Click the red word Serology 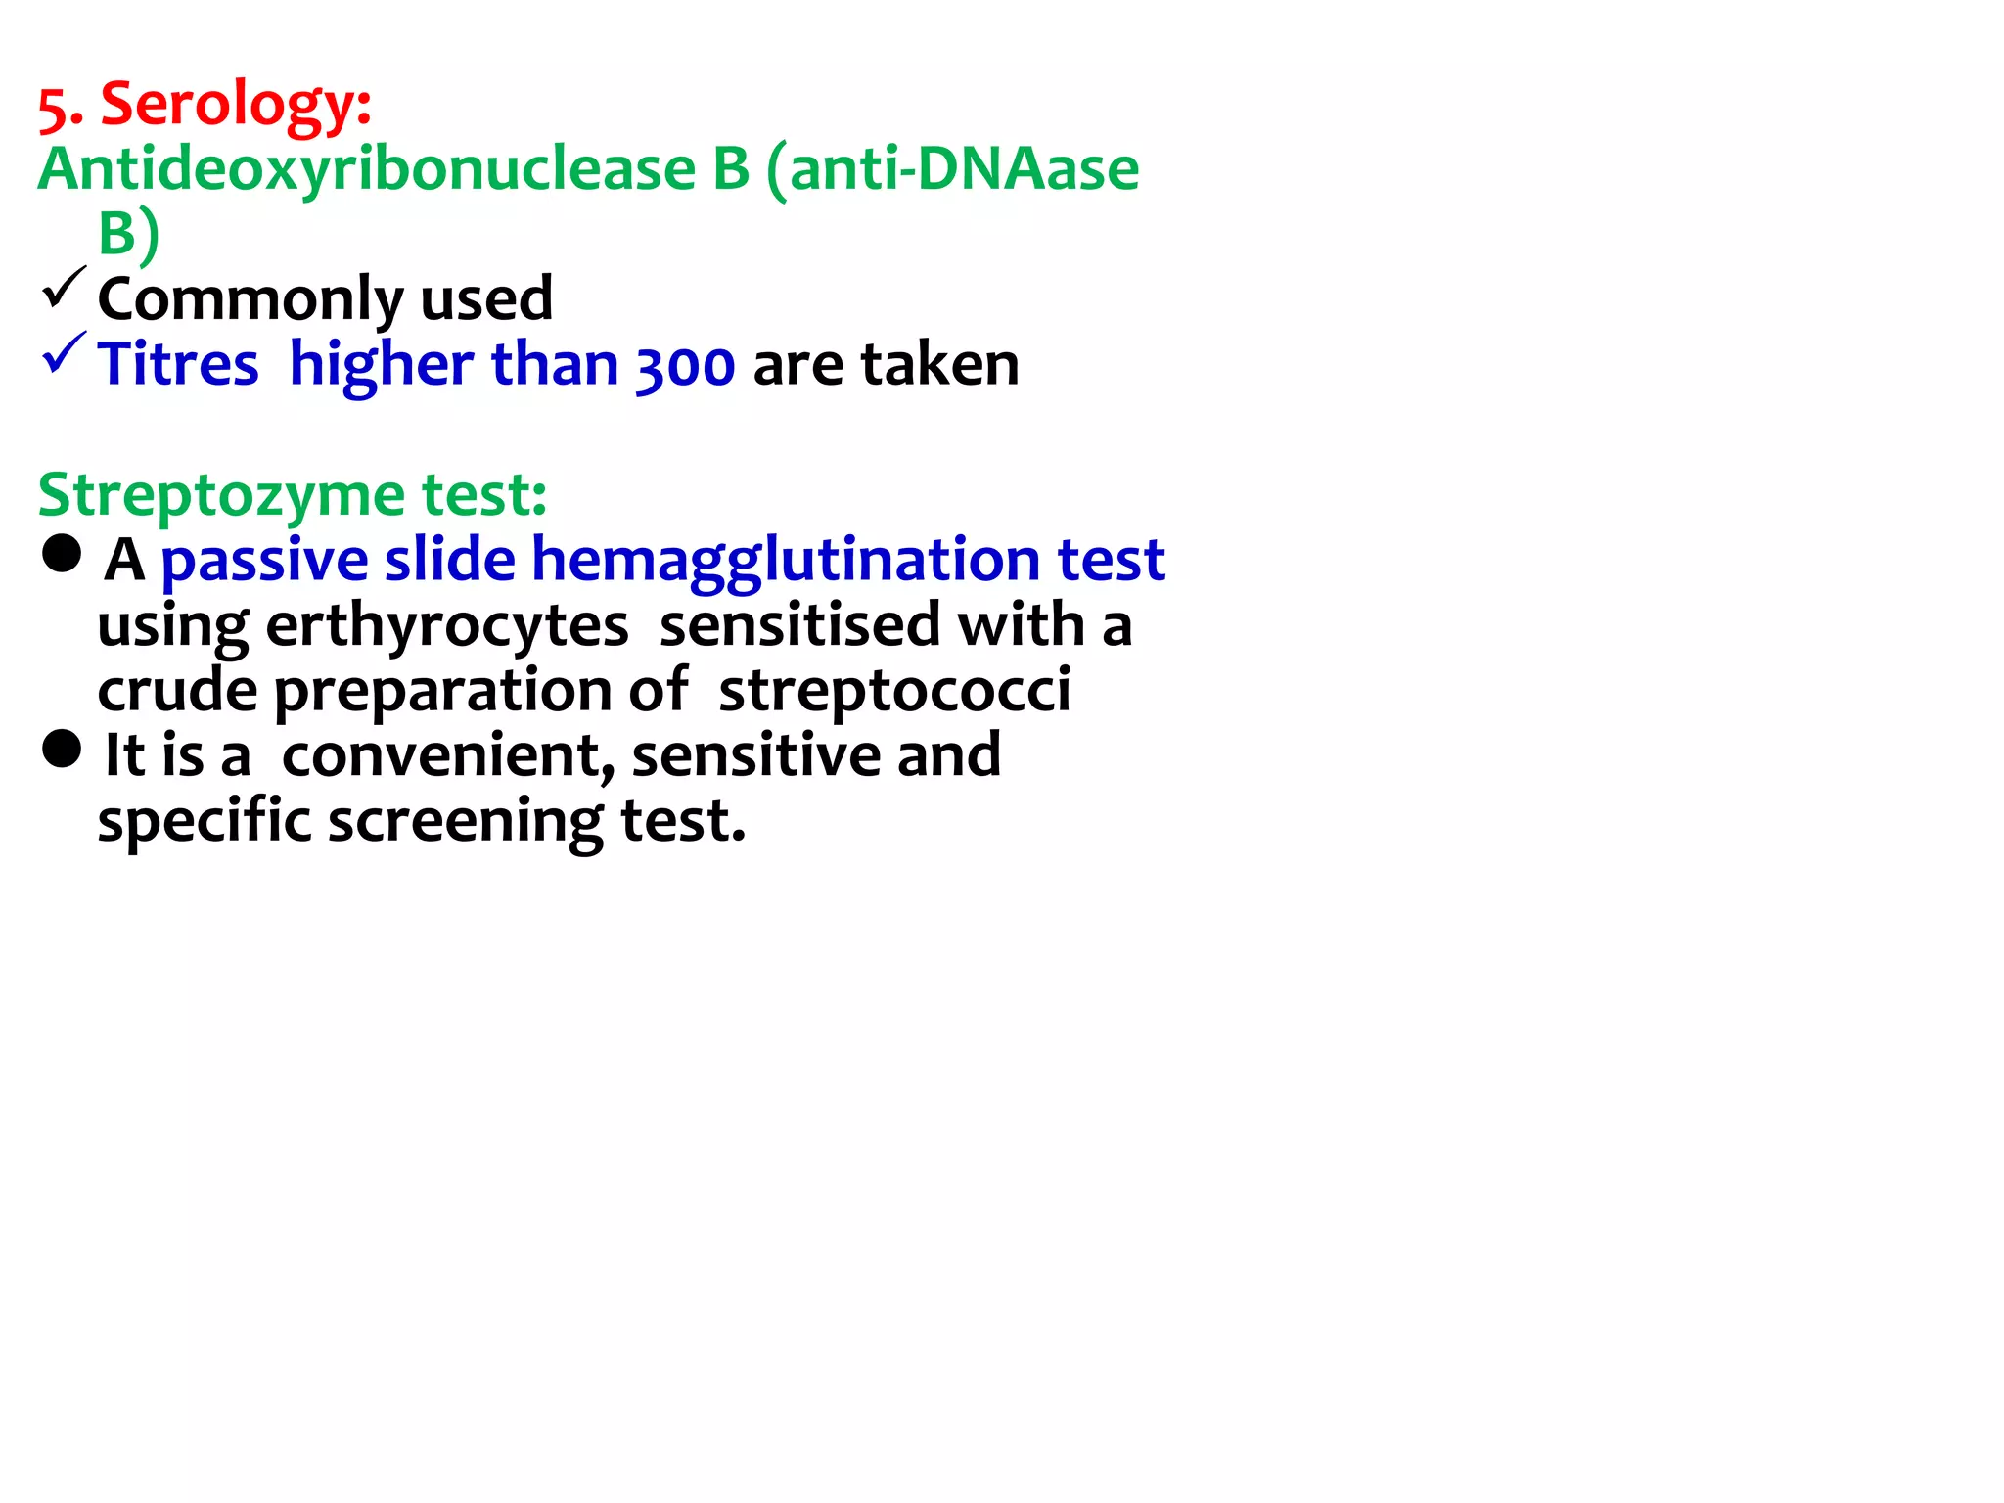(236, 105)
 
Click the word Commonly (250, 299)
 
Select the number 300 (685, 366)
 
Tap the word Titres (178, 364)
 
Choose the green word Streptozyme (220, 495)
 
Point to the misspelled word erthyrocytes (446, 626)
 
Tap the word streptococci (894, 691)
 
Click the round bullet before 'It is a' (62, 750)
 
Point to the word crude (177, 691)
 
